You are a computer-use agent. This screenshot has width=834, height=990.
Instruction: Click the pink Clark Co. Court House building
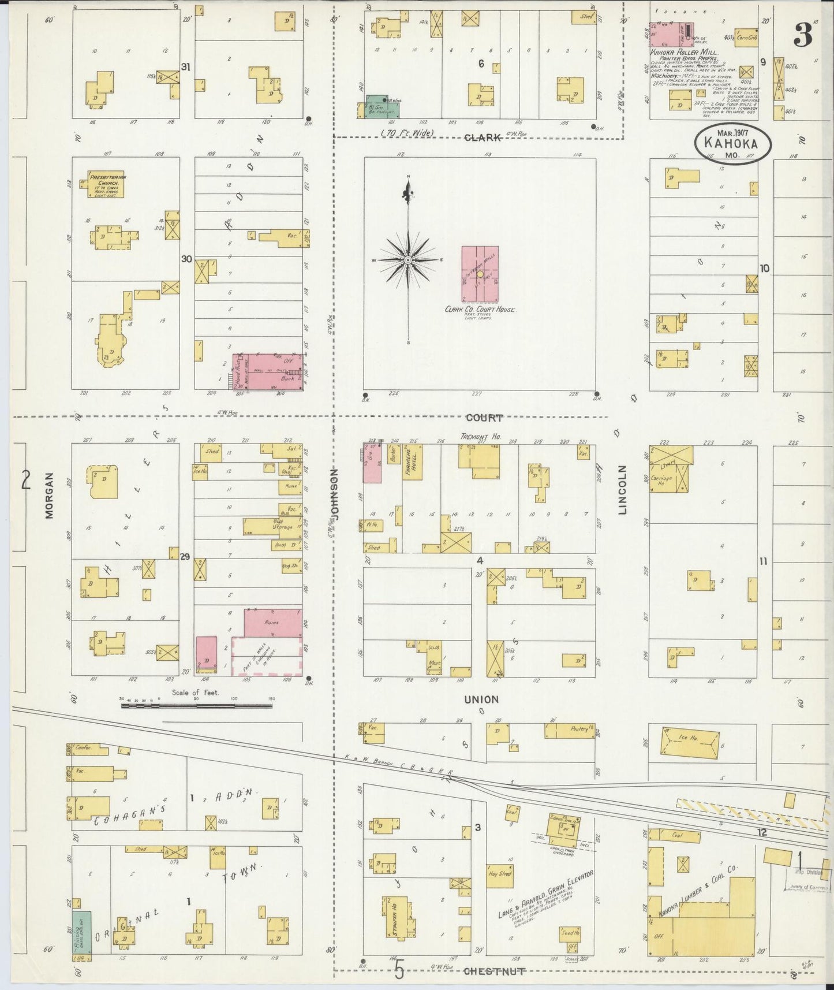click(x=480, y=274)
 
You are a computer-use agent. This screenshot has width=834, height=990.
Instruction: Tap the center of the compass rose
click(x=408, y=260)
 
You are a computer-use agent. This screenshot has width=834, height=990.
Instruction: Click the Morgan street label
click(x=49, y=496)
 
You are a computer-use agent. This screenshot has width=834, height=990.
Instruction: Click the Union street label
click(x=481, y=699)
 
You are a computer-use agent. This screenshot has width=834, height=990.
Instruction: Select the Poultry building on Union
click(x=570, y=731)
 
